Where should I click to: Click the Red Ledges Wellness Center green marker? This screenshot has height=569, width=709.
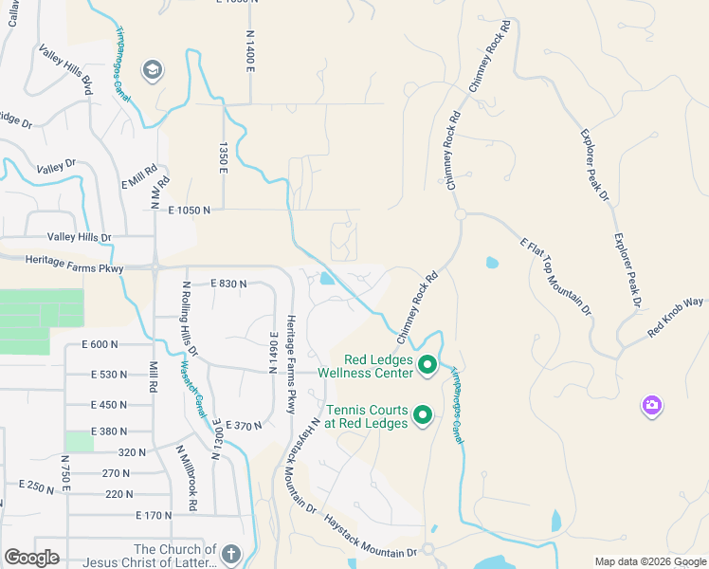click(x=427, y=364)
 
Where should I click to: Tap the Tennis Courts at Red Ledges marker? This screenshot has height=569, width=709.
click(x=423, y=414)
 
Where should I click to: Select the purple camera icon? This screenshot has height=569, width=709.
click(x=651, y=406)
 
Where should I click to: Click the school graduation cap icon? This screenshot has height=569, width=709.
click(x=152, y=70)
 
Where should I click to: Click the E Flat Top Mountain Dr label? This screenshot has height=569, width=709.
click(x=555, y=276)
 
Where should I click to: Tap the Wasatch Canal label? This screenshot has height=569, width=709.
click(x=192, y=389)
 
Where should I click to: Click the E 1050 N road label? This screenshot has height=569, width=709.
click(x=190, y=210)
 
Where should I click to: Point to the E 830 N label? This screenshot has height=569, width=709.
click(x=228, y=284)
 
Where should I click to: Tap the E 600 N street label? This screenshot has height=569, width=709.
click(x=100, y=344)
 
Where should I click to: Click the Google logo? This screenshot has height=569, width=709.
click(x=32, y=558)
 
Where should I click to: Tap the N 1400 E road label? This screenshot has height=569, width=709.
click(x=251, y=46)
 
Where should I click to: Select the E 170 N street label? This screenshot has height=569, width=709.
click(x=153, y=516)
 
